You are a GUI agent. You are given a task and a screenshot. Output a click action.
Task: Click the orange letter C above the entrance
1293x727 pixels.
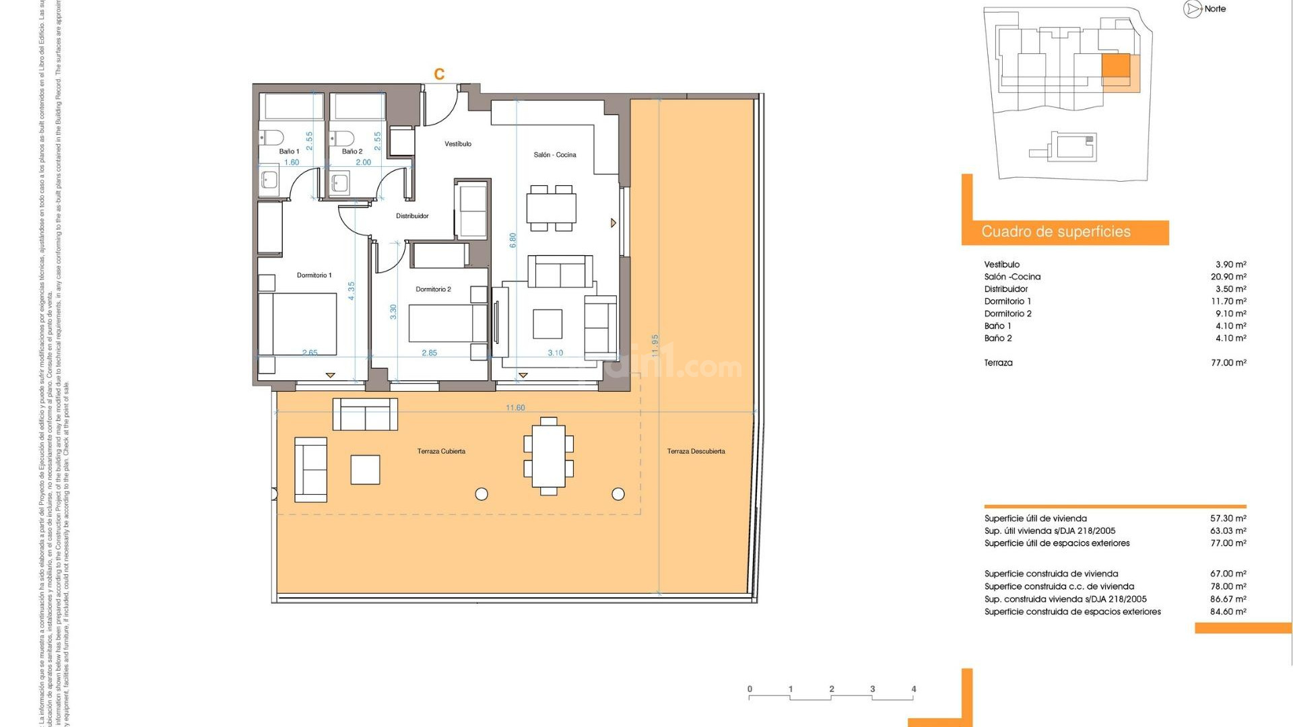click(439, 74)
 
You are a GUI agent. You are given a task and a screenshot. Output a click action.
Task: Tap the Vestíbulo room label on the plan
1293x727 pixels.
click(458, 144)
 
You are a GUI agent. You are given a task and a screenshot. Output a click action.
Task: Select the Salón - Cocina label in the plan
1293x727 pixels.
click(554, 155)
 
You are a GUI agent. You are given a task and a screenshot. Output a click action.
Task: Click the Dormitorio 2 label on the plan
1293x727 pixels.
click(433, 289)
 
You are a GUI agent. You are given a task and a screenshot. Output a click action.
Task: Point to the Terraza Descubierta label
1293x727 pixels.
click(696, 452)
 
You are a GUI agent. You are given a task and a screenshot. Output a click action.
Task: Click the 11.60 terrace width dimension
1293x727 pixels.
click(515, 408)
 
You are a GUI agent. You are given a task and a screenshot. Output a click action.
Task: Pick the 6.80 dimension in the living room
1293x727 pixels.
click(513, 240)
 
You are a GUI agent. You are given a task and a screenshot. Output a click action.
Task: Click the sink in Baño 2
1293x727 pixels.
click(340, 182)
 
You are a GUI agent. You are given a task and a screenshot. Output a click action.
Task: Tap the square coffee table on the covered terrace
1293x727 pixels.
click(365, 469)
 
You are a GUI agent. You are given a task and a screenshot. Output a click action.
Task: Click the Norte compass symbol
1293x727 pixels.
click(1193, 9)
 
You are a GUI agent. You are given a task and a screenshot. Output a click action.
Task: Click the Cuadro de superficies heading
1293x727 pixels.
click(1055, 232)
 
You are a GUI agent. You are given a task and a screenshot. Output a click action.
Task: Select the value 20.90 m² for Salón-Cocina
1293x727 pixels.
click(1228, 277)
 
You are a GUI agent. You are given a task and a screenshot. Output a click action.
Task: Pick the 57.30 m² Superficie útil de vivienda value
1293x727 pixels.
click(1228, 518)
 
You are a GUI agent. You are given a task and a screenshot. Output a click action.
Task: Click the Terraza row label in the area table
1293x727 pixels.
click(998, 363)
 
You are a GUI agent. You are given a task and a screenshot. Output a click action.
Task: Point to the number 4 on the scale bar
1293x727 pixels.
click(913, 689)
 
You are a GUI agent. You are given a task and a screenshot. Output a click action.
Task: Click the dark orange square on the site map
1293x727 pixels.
click(1115, 68)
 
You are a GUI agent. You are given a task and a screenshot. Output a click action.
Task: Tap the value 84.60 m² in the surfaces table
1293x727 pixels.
click(1228, 612)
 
